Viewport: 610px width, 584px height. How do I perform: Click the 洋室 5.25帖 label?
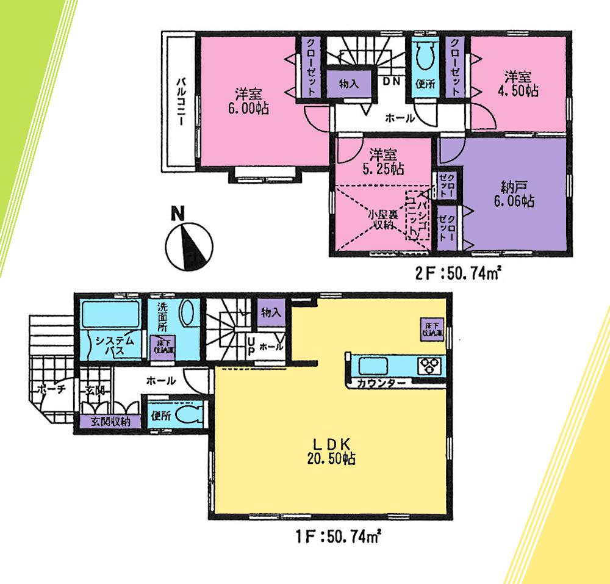(x=382, y=162)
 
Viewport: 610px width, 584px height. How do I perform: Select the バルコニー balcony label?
(x=181, y=102)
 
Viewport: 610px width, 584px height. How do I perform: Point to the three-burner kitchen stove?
(x=429, y=366)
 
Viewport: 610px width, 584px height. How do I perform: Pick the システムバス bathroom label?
(x=110, y=346)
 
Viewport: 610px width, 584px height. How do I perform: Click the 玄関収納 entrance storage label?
(x=110, y=422)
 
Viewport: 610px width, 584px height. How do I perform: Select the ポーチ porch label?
(x=47, y=389)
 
